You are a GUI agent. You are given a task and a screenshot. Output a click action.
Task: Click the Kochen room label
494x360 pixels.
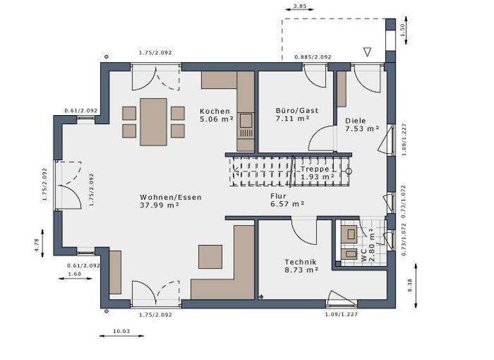215,111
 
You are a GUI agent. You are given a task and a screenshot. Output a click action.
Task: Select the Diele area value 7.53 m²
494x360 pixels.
361,129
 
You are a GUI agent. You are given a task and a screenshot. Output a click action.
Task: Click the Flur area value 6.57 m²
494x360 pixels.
287,204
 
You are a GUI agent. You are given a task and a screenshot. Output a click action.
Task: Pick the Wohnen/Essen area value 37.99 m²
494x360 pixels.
160,206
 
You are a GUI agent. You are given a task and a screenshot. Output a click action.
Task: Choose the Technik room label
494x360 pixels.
301,262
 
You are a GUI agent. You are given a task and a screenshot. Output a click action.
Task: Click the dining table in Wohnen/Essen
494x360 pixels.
154,121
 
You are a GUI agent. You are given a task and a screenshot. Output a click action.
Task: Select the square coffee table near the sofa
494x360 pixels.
210,256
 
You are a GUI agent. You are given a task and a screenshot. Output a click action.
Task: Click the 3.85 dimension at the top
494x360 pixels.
299,6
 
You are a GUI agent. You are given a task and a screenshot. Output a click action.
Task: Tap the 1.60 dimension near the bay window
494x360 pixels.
75,274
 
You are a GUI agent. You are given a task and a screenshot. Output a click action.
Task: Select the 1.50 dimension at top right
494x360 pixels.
403,30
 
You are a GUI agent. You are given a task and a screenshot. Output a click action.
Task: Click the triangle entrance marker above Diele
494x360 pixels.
368,51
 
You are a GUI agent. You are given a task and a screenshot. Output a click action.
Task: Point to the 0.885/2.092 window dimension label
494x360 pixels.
313,57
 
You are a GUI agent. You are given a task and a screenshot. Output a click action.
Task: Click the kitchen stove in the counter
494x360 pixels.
245,120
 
